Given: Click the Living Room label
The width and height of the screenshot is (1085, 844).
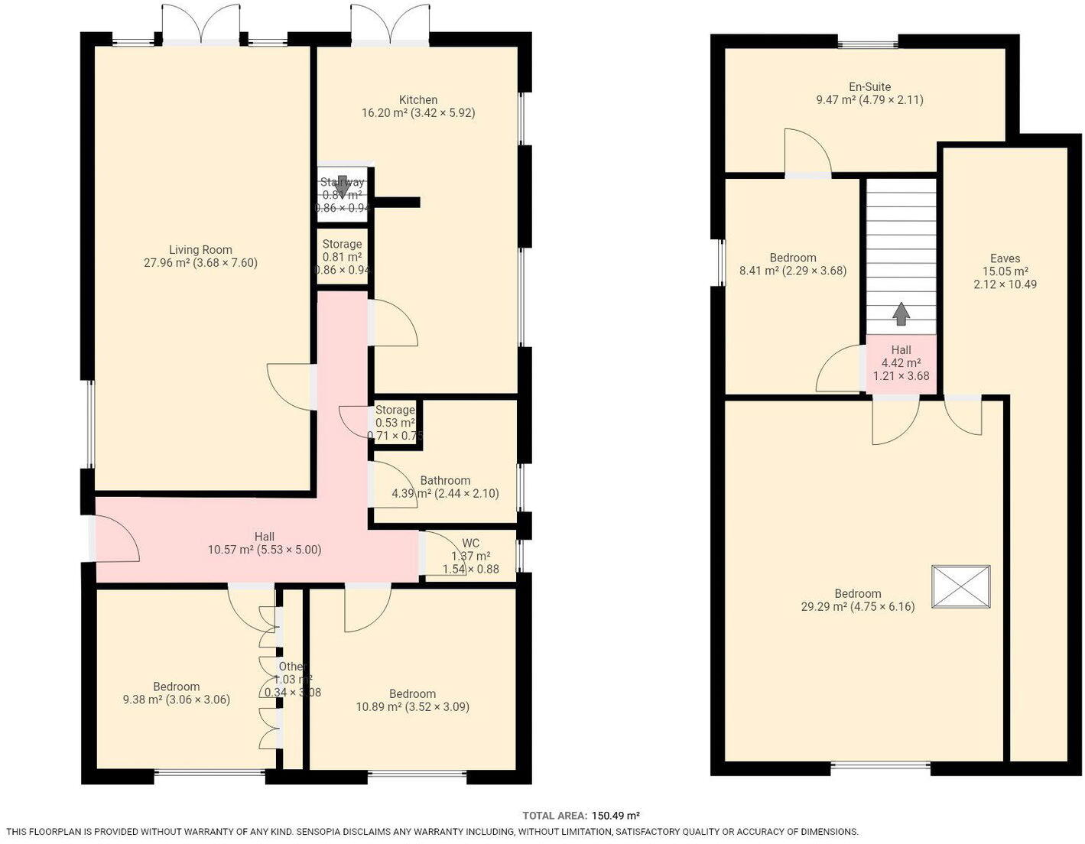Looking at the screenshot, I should tap(200, 249).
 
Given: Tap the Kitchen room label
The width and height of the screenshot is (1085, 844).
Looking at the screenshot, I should tap(418, 99).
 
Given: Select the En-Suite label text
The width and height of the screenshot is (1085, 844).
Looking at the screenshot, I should tap(869, 86).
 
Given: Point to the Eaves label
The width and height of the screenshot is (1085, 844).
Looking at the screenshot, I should tap(1005, 258).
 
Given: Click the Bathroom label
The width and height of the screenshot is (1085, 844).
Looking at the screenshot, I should tap(445, 480).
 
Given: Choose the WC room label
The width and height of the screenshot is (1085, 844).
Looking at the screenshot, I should tap(470, 544).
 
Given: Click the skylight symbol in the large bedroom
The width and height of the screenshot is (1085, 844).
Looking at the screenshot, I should tap(960, 586).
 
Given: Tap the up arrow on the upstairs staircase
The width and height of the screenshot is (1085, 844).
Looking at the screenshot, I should tap(901, 313).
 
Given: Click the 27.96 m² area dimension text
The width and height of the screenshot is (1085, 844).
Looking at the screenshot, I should tap(201, 263).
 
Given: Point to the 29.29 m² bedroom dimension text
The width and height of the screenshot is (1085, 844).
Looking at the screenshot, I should tap(857, 607).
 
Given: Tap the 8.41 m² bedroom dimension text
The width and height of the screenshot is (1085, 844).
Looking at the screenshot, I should tap(793, 271).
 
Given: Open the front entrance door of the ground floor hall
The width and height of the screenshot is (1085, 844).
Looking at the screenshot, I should tap(115, 540).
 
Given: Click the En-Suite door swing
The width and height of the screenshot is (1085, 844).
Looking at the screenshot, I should tap(807, 153).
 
